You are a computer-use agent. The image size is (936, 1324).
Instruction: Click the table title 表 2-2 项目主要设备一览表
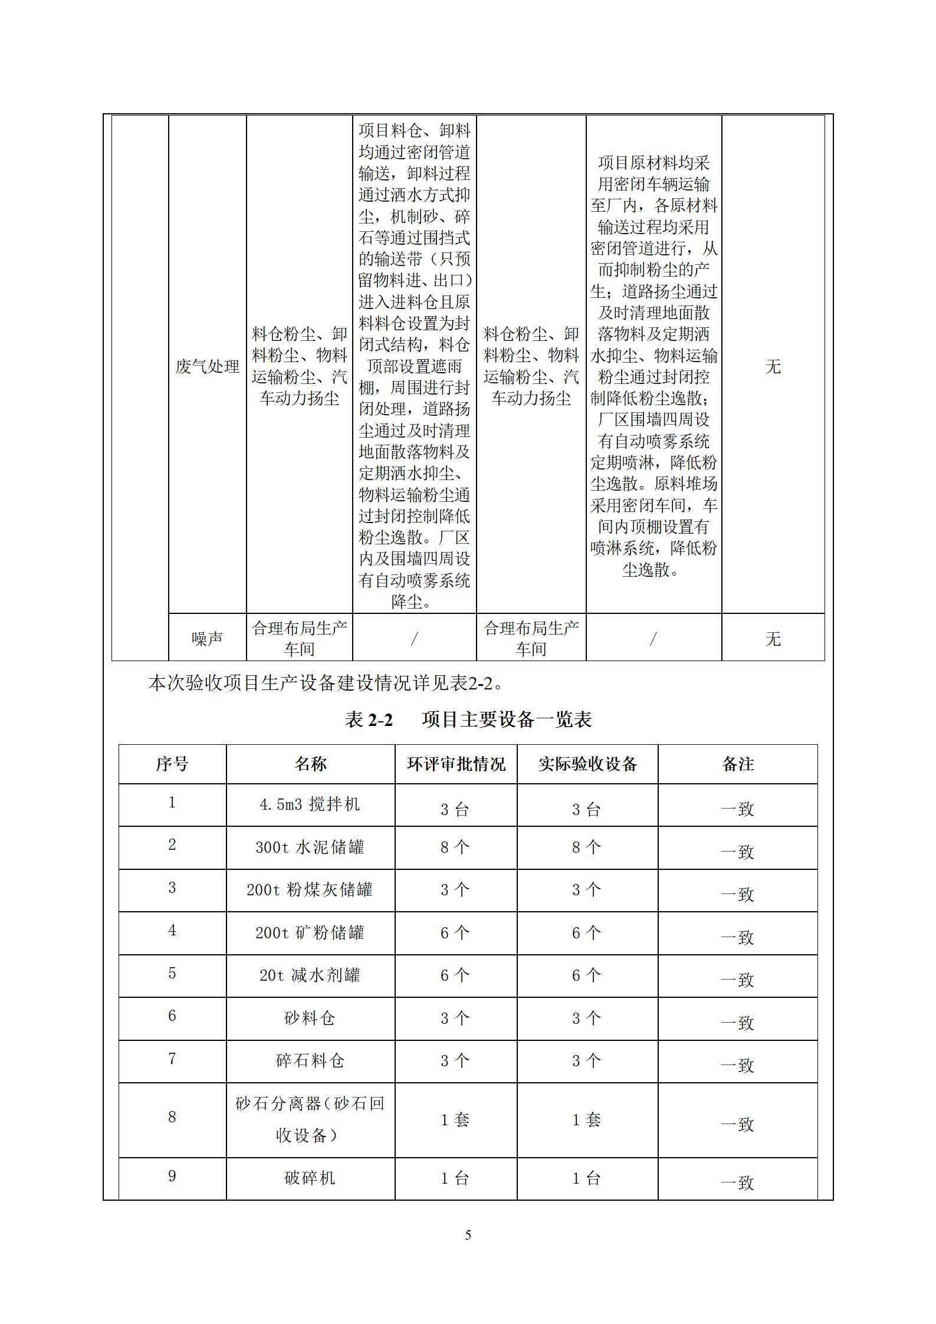[x=468, y=720]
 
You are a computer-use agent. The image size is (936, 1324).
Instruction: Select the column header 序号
[x=172, y=764]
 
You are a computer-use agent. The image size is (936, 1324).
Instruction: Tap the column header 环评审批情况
[x=456, y=764]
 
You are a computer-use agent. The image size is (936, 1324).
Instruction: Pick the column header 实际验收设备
[x=587, y=764]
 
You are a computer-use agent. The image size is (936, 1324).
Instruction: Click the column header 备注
[x=738, y=764]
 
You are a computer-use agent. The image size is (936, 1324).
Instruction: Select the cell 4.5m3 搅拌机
[x=310, y=804]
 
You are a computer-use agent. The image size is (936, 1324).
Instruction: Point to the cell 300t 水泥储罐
[x=310, y=847]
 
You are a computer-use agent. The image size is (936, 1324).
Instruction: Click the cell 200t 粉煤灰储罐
[x=310, y=890]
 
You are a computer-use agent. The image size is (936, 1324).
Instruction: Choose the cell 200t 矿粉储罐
[x=310, y=933]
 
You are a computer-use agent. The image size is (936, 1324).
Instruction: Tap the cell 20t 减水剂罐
[x=310, y=975]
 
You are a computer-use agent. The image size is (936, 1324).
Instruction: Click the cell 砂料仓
[x=310, y=1019]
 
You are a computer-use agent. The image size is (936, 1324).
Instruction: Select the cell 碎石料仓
[x=310, y=1061]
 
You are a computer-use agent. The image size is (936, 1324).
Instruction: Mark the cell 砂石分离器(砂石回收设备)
[x=310, y=1119]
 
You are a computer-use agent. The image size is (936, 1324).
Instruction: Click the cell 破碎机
[x=310, y=1178]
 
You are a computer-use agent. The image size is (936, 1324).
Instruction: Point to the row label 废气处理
[x=207, y=367]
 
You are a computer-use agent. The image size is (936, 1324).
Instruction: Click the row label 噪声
[x=207, y=639]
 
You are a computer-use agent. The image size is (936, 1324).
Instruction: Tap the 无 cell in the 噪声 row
[x=773, y=639]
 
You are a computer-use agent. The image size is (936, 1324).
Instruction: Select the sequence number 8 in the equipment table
[x=172, y=1117]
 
